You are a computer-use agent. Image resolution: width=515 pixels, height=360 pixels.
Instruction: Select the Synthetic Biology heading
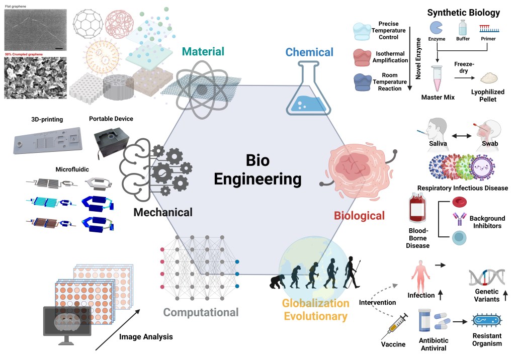tap(463, 13)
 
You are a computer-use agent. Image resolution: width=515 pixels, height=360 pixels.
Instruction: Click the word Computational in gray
tap(201, 313)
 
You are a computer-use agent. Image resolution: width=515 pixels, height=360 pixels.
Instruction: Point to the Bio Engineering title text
tap(258, 170)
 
